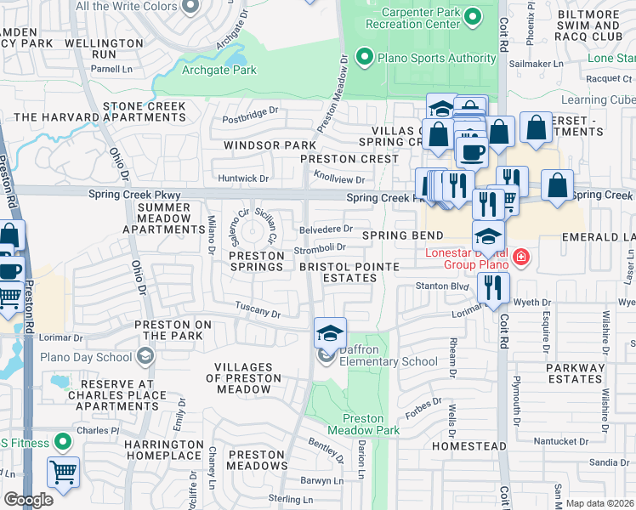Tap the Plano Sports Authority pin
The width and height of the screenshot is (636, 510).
[365, 58]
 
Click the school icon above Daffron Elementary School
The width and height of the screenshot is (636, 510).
[330, 333]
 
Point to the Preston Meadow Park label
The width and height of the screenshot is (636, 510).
[371, 424]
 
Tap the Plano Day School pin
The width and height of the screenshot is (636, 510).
[146, 355]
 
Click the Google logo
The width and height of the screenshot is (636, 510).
[29, 500]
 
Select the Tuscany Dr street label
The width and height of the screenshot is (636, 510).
[258, 312]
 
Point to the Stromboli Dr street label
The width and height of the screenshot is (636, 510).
[320, 248]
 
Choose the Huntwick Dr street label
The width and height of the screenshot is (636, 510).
[243, 178]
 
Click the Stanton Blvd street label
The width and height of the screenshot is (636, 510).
[441, 287]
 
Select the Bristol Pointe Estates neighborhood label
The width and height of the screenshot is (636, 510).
[338, 272]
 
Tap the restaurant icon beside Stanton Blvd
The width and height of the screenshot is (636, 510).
[492, 288]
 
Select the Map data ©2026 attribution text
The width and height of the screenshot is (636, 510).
[600, 503]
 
